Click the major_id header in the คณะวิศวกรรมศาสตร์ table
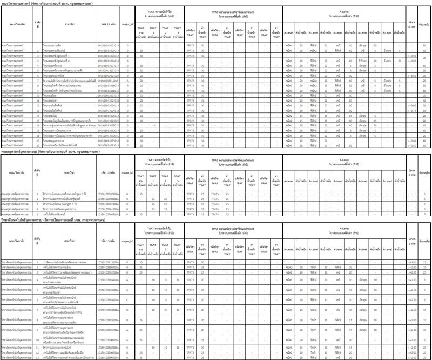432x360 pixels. tap(127, 25)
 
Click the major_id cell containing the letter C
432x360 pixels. tap(127, 299)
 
